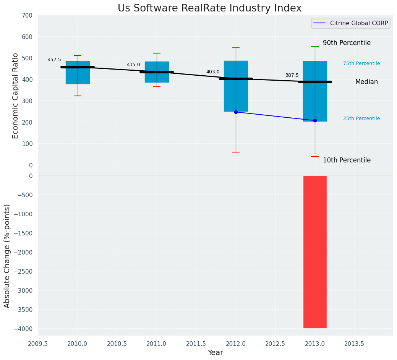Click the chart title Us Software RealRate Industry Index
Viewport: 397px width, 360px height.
pos(209,8)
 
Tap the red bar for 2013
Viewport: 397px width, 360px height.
pos(315,252)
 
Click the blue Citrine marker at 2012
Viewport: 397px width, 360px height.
pos(236,112)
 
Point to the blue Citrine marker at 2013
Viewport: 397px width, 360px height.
pos(315,120)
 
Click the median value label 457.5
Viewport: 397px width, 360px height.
pos(54,60)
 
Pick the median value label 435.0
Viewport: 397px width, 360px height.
pos(133,65)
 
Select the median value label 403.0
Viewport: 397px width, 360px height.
pos(213,72)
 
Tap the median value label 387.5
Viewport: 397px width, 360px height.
pos(292,75)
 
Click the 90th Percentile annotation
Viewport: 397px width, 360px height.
pos(347,43)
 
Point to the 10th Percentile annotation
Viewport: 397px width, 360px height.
pos(347,160)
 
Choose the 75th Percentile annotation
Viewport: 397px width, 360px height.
pos(361,63)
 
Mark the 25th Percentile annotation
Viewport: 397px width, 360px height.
pos(361,118)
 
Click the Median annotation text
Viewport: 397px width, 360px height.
pos(366,82)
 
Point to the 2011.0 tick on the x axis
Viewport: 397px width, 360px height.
pos(157,344)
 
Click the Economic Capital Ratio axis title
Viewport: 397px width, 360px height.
pos(16,96)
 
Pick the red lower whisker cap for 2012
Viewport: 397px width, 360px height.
pos(236,152)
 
